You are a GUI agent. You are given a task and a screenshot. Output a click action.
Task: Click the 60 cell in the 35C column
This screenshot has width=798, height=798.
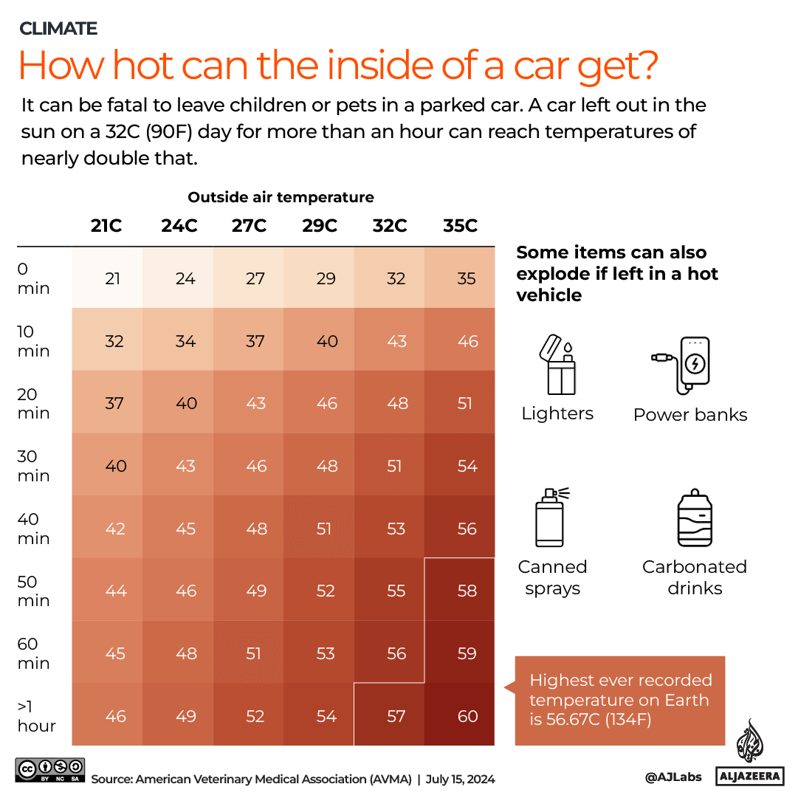(467, 716)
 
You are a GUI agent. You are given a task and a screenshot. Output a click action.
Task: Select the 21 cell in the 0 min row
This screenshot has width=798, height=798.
(112, 278)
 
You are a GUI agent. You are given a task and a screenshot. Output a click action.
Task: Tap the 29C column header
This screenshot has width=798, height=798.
(320, 226)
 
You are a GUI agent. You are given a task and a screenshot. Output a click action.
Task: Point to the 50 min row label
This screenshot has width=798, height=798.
(34, 591)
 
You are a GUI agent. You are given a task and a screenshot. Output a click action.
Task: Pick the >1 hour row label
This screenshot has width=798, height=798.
(36, 716)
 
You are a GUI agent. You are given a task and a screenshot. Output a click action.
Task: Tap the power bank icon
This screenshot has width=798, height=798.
(682, 365)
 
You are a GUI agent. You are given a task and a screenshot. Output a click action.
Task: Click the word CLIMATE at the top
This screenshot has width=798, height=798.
(58, 29)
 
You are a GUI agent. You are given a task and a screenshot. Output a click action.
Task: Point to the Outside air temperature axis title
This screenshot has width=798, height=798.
(281, 197)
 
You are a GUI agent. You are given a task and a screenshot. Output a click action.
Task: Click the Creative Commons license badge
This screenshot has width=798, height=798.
(49, 769)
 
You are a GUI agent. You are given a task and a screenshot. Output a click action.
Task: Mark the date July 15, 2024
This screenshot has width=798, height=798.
(461, 779)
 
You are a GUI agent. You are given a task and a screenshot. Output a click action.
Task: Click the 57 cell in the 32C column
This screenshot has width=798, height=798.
(396, 716)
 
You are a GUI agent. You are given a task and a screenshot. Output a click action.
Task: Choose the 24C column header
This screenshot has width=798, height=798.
(179, 226)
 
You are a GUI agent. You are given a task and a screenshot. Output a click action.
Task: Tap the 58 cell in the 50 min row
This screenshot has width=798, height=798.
(467, 591)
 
